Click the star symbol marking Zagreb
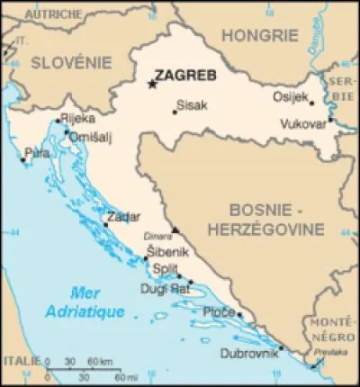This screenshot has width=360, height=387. [x=151, y=85]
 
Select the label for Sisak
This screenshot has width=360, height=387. [x=192, y=105]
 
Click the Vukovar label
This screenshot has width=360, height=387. [x=301, y=123]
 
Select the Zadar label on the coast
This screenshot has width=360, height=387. [x=122, y=218]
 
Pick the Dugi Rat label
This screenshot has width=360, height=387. [x=164, y=289]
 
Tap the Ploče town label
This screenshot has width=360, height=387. [x=219, y=311]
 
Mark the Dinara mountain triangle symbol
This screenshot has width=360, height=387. [x=175, y=229]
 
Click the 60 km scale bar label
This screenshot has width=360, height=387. [x=99, y=362]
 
